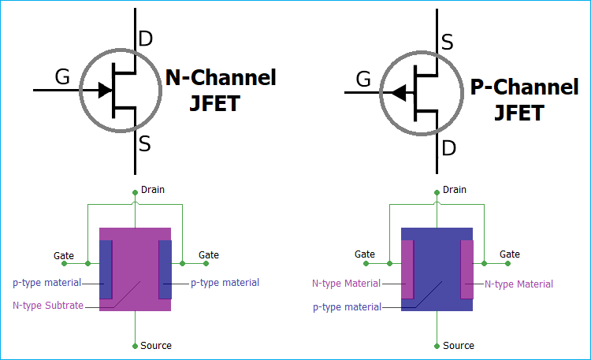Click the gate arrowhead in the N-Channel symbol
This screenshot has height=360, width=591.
pyautogui.click(x=104, y=90)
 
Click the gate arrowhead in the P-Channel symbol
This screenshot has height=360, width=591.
pyautogui.click(x=400, y=93)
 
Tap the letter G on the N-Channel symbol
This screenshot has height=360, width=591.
pyautogui.click(x=62, y=76)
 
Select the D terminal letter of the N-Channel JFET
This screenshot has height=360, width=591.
pyautogui.click(x=146, y=39)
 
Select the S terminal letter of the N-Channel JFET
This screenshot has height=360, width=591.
pyautogui.click(x=145, y=143)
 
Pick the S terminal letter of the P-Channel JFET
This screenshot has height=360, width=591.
pyautogui.click(x=447, y=43)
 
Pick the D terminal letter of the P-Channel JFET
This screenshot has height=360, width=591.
pyautogui.click(x=448, y=148)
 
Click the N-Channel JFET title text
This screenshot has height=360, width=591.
pyautogui.click(x=221, y=90)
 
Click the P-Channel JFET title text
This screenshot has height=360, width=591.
pyautogui.click(x=524, y=99)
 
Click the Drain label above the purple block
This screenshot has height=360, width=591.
pyautogui.click(x=152, y=190)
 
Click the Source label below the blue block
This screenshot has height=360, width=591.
pyautogui.click(x=459, y=346)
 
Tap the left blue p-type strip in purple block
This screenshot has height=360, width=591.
pyautogui.click(x=106, y=269)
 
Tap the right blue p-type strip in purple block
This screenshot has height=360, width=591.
pyautogui.click(x=165, y=269)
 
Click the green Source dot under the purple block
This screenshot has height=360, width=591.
pyautogui.click(x=135, y=345)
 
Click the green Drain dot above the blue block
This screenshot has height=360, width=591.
pyautogui.click(x=437, y=190)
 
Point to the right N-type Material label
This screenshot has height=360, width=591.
pyautogui.click(x=519, y=284)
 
